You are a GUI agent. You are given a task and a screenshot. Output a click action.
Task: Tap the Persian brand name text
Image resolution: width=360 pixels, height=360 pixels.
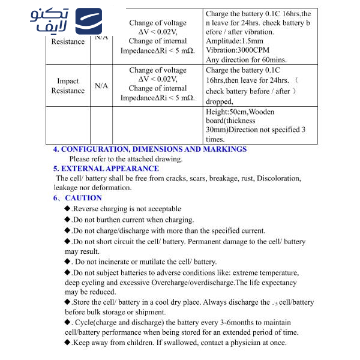(x=49, y=23)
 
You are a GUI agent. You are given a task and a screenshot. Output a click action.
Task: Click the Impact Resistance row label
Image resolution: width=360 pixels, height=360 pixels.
(x=68, y=86)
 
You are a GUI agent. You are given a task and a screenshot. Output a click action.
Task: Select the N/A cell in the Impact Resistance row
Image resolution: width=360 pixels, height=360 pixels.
(x=101, y=86)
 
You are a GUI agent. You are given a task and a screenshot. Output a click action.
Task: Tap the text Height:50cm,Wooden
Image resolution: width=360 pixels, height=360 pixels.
(x=239, y=112)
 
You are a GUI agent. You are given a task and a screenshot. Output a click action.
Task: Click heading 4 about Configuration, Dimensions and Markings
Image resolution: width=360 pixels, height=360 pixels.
(x=150, y=149)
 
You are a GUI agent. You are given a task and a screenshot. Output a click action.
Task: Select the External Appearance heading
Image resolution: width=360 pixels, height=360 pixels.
(x=106, y=169)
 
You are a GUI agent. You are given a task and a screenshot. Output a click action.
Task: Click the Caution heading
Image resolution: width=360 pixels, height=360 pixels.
(x=79, y=197)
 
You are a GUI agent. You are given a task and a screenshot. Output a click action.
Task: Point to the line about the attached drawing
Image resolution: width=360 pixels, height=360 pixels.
(x=126, y=159)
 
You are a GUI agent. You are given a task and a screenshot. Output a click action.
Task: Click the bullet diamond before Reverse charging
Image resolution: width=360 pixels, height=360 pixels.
(x=67, y=209)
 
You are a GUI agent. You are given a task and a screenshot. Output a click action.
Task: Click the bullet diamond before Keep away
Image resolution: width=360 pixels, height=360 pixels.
(x=67, y=343)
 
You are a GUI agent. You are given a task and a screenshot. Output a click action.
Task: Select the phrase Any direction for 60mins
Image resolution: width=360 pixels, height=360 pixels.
(x=246, y=59)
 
